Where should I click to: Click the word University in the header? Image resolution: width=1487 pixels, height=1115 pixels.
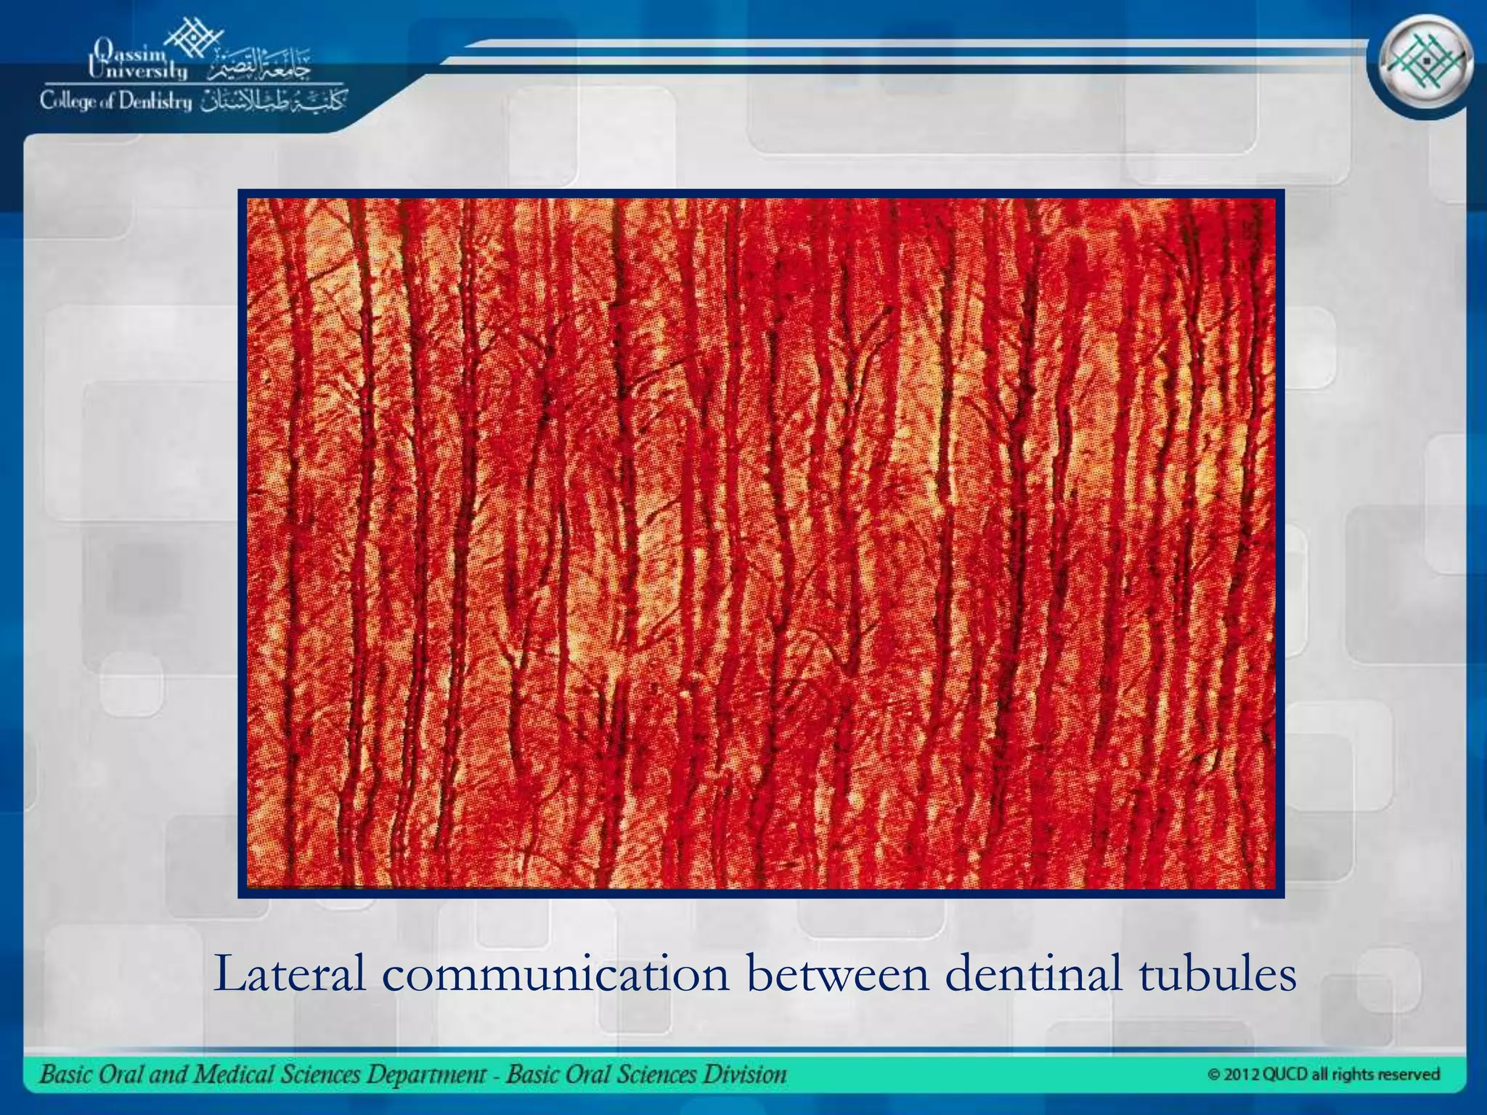[x=137, y=70]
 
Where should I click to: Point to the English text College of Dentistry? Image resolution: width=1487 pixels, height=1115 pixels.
[x=116, y=102]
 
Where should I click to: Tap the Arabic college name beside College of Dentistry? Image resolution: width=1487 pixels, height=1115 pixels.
[x=274, y=101]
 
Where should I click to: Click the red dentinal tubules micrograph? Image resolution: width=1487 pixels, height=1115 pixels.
[x=761, y=543]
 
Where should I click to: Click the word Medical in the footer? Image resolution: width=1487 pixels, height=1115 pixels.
[x=221, y=1074]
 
